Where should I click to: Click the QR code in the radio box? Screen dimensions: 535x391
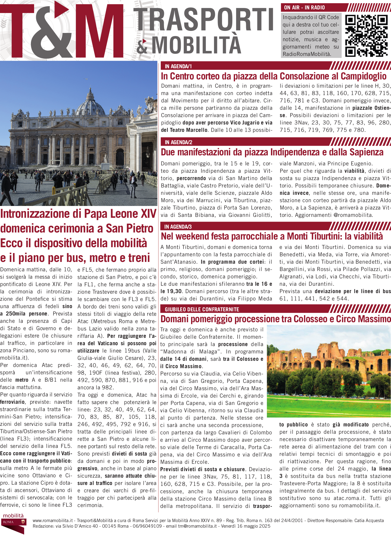(366, 36)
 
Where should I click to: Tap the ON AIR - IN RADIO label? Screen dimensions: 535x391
(304, 8)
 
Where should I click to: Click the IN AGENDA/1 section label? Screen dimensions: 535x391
(178, 66)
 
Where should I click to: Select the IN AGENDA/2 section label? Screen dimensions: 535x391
(178, 142)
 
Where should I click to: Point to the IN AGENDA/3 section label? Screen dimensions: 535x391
(178, 227)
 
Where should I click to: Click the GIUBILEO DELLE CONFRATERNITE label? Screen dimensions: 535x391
(202, 309)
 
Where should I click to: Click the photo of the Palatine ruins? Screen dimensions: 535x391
(329, 371)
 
